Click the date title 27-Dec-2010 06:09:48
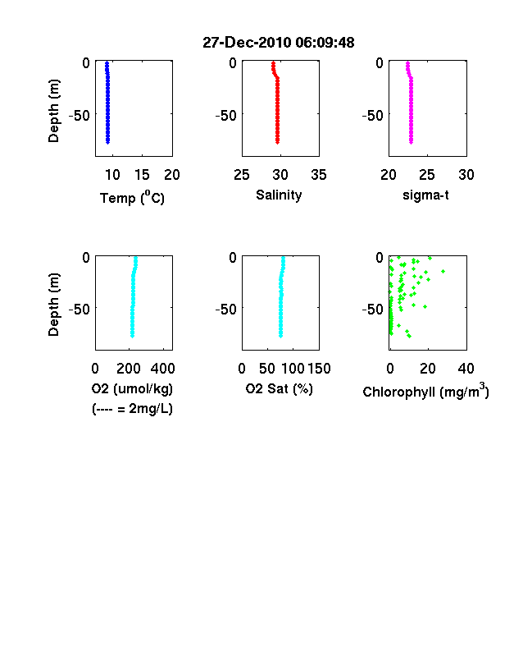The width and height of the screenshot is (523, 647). click(x=279, y=43)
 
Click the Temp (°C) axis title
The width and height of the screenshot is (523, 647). click(x=132, y=198)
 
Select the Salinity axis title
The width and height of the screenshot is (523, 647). click(x=279, y=195)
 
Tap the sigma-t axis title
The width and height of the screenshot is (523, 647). click(x=425, y=195)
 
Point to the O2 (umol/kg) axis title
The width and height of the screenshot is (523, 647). click(x=132, y=388)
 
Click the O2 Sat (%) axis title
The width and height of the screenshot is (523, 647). click(x=280, y=388)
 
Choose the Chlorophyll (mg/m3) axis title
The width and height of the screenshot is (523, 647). click(x=425, y=391)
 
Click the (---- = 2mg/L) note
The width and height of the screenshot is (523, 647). click(x=132, y=409)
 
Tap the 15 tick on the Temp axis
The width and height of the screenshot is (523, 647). click(x=142, y=175)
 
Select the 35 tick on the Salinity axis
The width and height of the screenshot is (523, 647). click(x=319, y=175)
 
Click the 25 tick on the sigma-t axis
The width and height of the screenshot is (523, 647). click(x=427, y=175)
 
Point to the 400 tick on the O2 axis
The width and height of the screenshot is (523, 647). click(x=162, y=369)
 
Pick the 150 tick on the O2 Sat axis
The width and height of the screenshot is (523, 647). click(x=319, y=369)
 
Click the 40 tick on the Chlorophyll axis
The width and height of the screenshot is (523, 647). click(x=466, y=369)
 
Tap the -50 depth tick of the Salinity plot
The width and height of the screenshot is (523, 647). click(x=226, y=116)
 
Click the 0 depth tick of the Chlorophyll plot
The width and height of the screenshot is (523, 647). click(x=380, y=258)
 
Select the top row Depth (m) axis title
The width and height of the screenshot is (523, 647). click(x=53, y=111)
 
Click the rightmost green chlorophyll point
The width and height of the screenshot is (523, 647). click(x=443, y=271)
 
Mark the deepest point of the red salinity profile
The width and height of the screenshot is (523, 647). click(x=278, y=142)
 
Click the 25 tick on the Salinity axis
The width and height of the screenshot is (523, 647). click(x=242, y=175)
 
